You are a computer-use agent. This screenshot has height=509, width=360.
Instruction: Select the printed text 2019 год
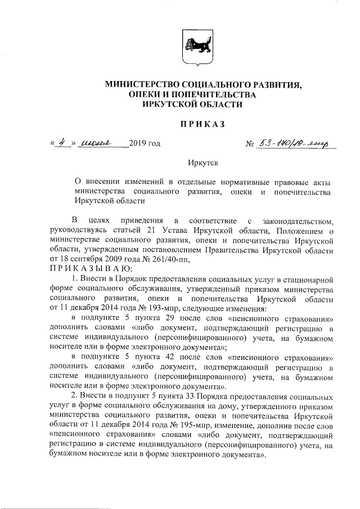[x=145, y=143]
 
